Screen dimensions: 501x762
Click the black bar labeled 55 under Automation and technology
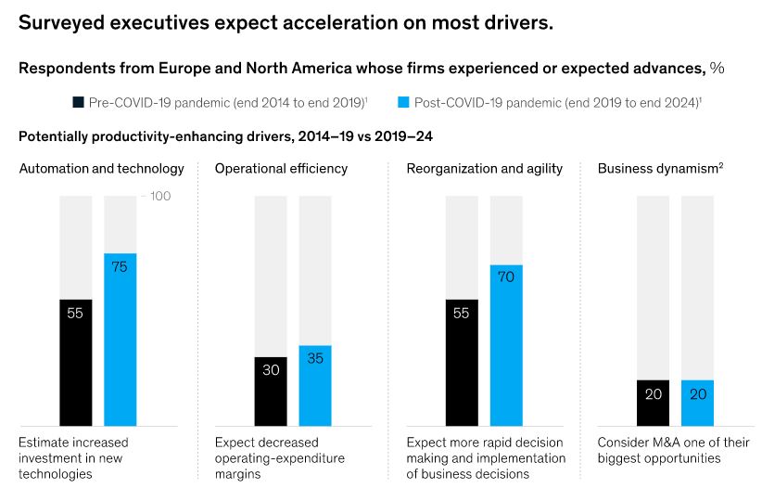(75, 362)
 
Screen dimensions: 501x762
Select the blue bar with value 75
(120, 340)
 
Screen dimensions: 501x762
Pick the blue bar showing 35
(314, 386)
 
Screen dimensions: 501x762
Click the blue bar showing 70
(506, 345)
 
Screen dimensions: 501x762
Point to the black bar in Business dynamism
(653, 403)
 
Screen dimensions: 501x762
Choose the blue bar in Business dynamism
(697, 403)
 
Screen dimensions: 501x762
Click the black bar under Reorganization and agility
(462, 362)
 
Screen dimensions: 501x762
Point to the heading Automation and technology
(102, 168)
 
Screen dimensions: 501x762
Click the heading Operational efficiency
(281, 168)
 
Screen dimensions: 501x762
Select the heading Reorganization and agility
(484, 168)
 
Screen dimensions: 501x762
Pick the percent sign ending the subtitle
(718, 68)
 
